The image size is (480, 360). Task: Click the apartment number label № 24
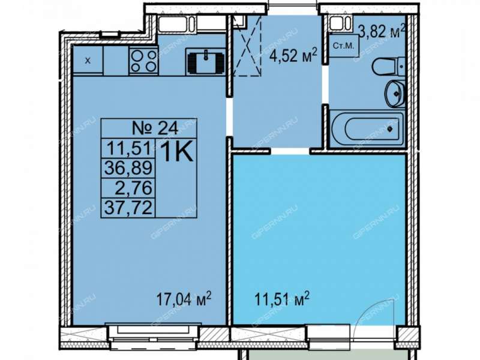tap(155, 128)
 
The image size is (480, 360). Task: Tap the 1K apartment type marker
tap(176, 152)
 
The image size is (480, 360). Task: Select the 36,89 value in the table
tap(128, 167)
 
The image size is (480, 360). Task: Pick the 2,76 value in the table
tap(133, 188)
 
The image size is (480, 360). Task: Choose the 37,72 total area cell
tap(128, 207)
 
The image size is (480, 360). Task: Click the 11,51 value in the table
tap(129, 148)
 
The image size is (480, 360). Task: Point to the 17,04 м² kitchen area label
tap(184, 299)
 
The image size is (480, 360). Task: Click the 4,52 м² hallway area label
tap(293, 55)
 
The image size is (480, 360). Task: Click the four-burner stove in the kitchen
tap(143, 61)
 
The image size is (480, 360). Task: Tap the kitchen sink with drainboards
tap(206, 62)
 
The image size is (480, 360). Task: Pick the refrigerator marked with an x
tap(88, 61)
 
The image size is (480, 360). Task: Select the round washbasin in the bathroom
tap(395, 93)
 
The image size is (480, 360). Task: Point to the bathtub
tap(367, 129)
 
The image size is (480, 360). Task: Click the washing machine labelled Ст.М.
tap(343, 47)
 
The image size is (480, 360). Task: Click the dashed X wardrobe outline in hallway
tap(247, 46)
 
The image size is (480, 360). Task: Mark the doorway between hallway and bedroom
tap(290, 151)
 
